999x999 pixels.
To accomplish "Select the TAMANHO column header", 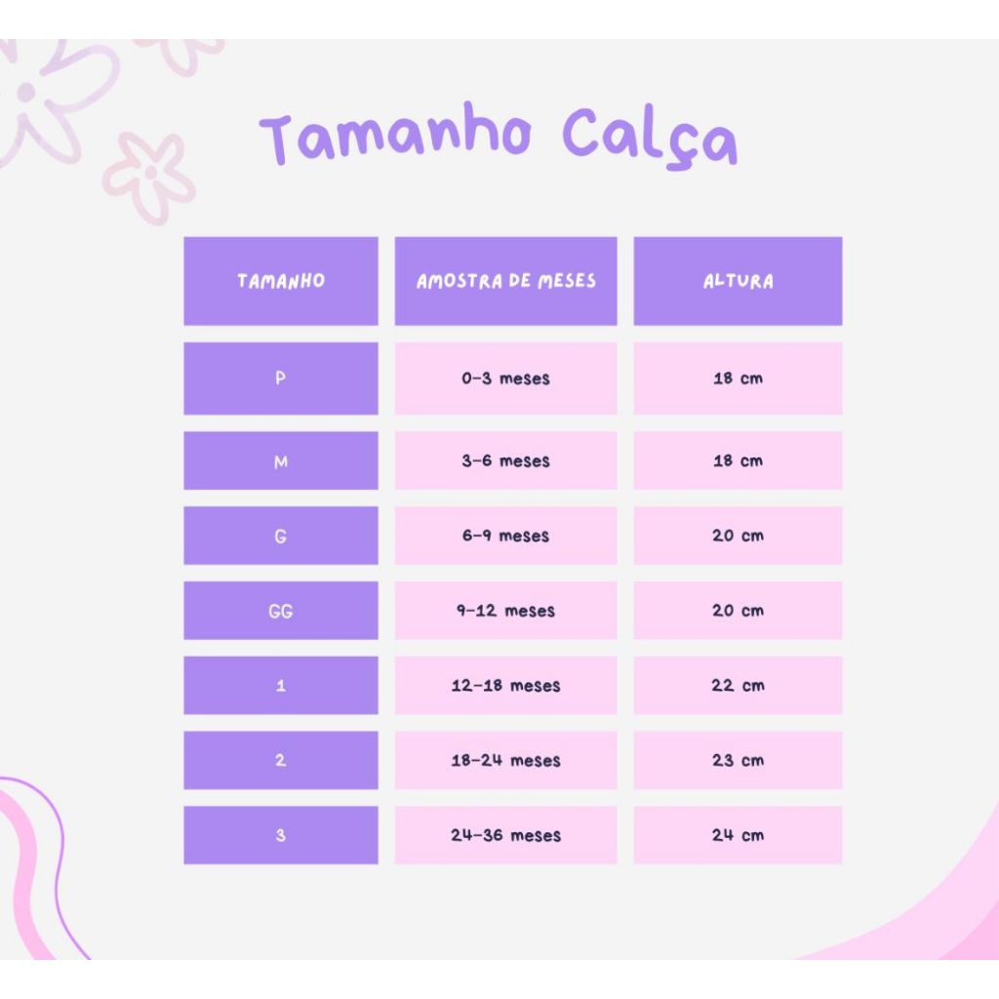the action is click(281, 281).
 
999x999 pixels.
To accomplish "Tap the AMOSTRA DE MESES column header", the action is click(506, 281).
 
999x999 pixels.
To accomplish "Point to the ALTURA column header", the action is click(738, 281).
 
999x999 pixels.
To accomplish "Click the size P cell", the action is click(281, 379).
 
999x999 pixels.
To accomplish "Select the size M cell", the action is click(281, 460).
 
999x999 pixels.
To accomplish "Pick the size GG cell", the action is click(281, 611).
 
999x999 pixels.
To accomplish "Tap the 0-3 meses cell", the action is click(506, 379).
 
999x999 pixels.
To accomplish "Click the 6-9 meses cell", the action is click(506, 536).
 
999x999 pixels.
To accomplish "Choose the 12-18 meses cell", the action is click(506, 686).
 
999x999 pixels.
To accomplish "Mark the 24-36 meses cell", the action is click(506, 835).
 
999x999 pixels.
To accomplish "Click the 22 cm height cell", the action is click(738, 686).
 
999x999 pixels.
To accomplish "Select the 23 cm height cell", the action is click(738, 760).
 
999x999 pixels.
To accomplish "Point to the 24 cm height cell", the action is click(738, 835).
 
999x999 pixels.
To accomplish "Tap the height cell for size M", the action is click(738, 460).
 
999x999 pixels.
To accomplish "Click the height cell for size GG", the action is click(738, 611).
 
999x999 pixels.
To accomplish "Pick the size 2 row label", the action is click(281, 760).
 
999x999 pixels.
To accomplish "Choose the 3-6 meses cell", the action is click(506, 460).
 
